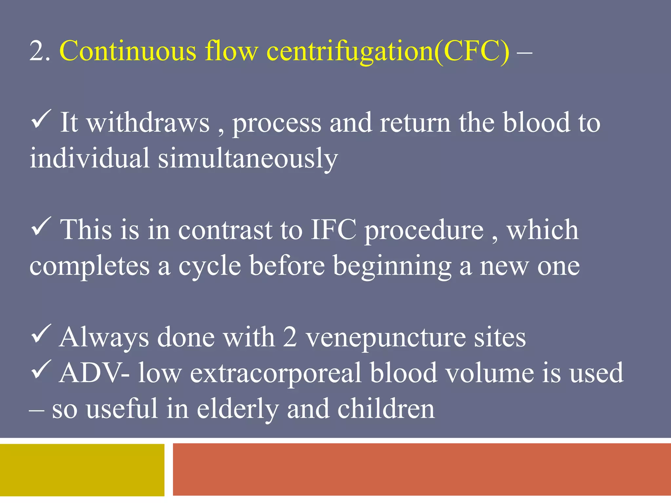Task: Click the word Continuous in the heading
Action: point(128,51)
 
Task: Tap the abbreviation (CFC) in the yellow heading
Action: point(472,51)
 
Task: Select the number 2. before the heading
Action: point(40,51)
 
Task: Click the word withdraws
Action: point(148,122)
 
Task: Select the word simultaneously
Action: point(248,158)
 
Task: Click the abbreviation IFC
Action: point(333,230)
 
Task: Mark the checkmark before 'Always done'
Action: point(41,334)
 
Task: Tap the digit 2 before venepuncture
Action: point(290,337)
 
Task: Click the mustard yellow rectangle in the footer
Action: point(82,470)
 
